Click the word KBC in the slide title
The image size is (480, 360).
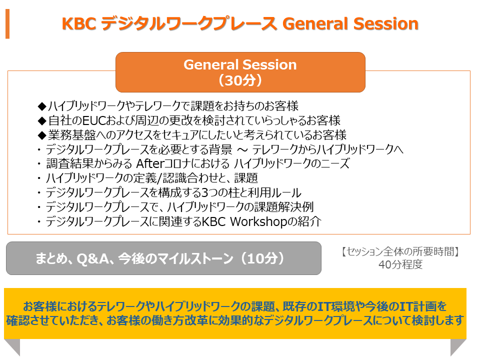coord(79,24)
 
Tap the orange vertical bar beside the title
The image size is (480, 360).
coord(7,24)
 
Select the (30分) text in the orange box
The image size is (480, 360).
coord(240,80)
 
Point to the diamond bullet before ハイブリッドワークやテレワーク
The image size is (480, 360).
coord(42,106)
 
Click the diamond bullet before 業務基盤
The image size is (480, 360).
coord(42,135)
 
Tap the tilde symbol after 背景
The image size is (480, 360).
coord(242,150)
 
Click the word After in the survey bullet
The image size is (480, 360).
coord(150,164)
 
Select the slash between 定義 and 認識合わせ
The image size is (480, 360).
coord(159,178)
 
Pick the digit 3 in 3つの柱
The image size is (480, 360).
coord(205,193)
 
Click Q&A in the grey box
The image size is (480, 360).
coord(93,259)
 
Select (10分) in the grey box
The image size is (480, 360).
coord(262,258)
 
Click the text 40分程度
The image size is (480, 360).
coord(400,264)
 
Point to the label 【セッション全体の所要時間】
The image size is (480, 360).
coord(400,251)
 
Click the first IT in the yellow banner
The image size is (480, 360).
coord(325,306)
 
